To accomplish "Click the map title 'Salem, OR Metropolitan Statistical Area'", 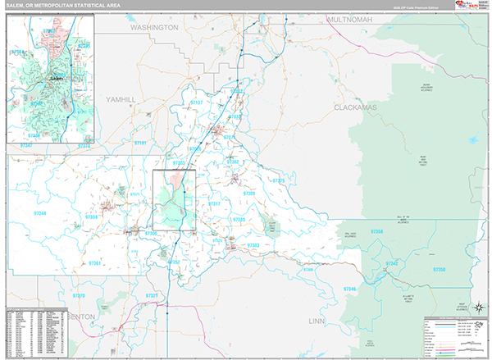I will tap(61, 6).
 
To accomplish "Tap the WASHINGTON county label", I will tap(153, 27).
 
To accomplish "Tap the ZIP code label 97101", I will tap(140, 143).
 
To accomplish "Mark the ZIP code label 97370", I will tap(79, 295).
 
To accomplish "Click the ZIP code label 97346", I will tap(350, 289).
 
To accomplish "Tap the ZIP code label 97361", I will tap(96, 263).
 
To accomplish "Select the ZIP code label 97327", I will tap(152, 295).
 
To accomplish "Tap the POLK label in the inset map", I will tap(18, 52).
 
